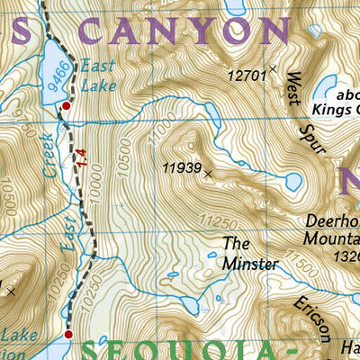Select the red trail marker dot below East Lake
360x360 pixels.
[x=65, y=107]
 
